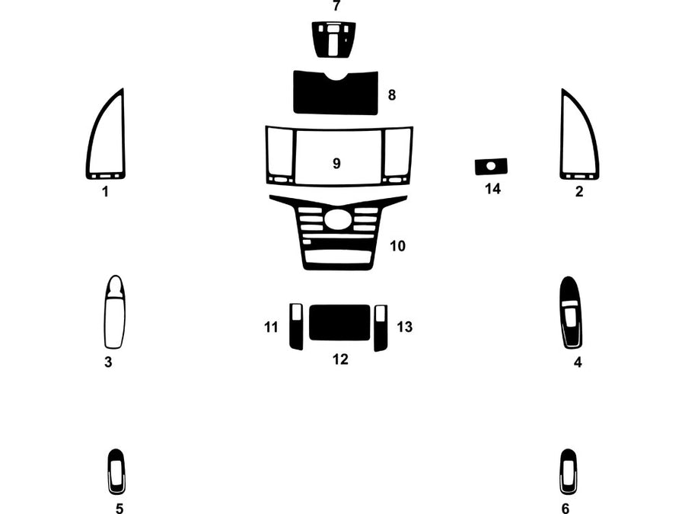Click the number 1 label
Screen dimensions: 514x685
pyautogui.click(x=105, y=192)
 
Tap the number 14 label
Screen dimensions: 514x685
pyautogui.click(x=492, y=189)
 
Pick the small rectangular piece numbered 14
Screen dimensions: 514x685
pyautogui.click(x=491, y=166)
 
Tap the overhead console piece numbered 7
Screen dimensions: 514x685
pyautogui.click(x=333, y=37)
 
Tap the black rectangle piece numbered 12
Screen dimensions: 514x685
pyautogui.click(x=339, y=322)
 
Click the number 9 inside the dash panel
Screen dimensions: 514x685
pyautogui.click(x=336, y=163)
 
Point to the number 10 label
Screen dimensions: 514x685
pyautogui.click(x=397, y=246)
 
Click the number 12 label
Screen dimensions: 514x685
pyautogui.click(x=339, y=359)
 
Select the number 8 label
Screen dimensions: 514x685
pyautogui.click(x=391, y=95)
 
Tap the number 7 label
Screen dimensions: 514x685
pyautogui.click(x=336, y=6)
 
